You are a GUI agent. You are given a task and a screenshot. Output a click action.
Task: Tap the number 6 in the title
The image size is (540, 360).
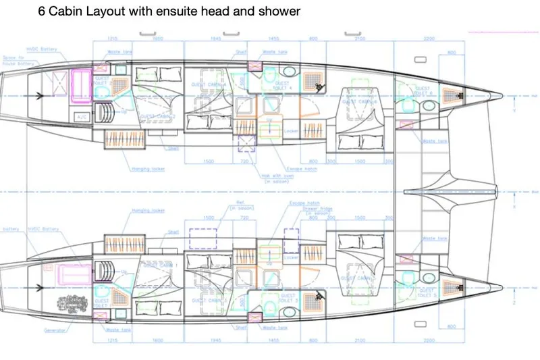point(42,11)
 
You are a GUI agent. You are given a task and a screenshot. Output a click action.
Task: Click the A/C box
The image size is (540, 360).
point(82,117)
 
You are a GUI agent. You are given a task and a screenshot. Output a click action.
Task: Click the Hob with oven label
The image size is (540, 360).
point(275,179)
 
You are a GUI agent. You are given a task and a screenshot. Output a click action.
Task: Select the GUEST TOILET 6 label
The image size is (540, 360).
point(423,90)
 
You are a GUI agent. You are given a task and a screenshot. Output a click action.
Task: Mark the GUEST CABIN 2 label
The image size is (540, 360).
point(158,116)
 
